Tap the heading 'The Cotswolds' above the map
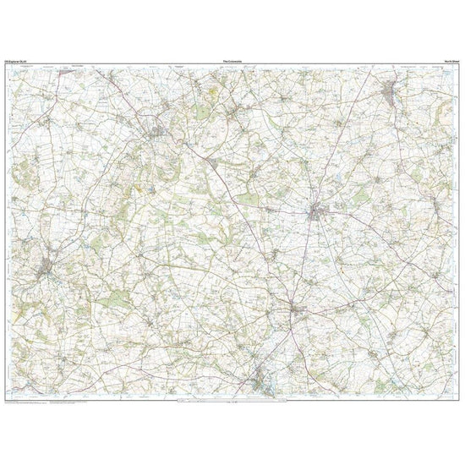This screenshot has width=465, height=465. pos(231,63)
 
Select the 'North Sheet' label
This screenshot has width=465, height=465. pos(450,63)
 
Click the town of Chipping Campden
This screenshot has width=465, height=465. pos(157,132)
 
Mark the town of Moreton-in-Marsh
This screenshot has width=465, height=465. pos(319,211)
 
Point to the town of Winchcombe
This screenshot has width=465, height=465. pos(44,269)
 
